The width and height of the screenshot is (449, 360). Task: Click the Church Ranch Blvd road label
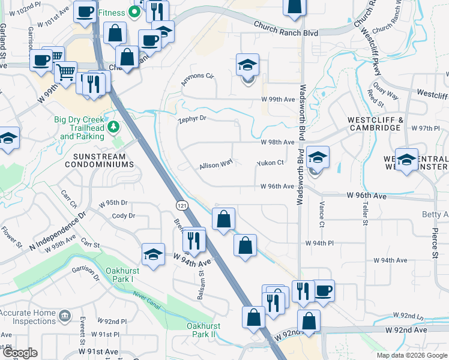[x=285, y=29]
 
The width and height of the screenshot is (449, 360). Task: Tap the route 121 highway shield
[x=180, y=206]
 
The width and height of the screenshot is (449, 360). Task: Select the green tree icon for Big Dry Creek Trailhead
[x=112, y=127]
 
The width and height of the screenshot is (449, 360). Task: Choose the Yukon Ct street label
[x=270, y=163]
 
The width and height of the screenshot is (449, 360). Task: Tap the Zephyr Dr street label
[x=192, y=119]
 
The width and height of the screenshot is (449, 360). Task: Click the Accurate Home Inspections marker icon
[x=64, y=314]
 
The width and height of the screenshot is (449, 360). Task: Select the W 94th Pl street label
[x=319, y=243]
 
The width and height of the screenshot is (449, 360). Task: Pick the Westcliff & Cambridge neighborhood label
[x=373, y=124]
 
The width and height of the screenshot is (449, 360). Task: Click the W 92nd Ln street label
[x=408, y=315]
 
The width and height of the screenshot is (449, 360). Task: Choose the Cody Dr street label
[x=124, y=215]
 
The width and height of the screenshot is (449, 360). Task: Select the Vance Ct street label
[x=321, y=216]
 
